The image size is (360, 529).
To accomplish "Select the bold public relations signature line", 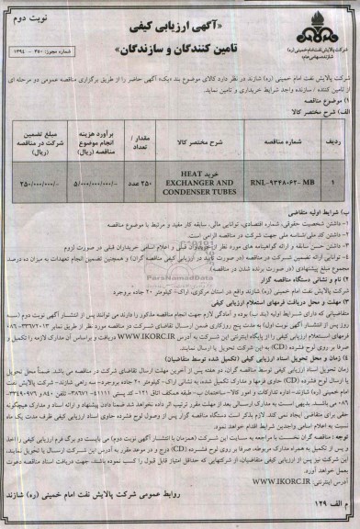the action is [x=180, y=492].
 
